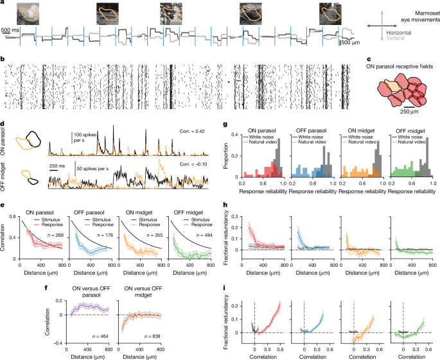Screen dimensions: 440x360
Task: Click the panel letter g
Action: [x=225, y=124]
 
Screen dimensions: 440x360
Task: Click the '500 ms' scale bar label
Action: [x=10, y=30]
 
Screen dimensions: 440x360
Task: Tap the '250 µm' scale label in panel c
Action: [x=409, y=112]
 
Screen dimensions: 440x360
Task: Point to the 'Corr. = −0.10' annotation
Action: [x=193, y=164]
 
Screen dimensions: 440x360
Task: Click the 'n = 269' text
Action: [x=55, y=235]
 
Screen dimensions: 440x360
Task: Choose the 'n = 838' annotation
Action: [x=152, y=336]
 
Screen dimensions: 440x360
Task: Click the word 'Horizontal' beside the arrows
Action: [x=399, y=33]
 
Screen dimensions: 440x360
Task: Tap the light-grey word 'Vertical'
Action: [x=395, y=38]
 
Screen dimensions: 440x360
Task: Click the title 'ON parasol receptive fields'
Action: [x=400, y=67]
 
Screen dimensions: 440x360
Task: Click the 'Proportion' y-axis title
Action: [x=225, y=156]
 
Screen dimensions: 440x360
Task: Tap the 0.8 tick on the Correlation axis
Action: [x=12, y=216]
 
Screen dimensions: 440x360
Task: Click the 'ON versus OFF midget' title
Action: [x=143, y=291]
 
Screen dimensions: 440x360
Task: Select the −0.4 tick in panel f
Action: [x=58, y=343]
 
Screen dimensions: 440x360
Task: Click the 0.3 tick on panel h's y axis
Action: [x=234, y=216]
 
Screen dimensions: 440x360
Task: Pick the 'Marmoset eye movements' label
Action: [x=420, y=17]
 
